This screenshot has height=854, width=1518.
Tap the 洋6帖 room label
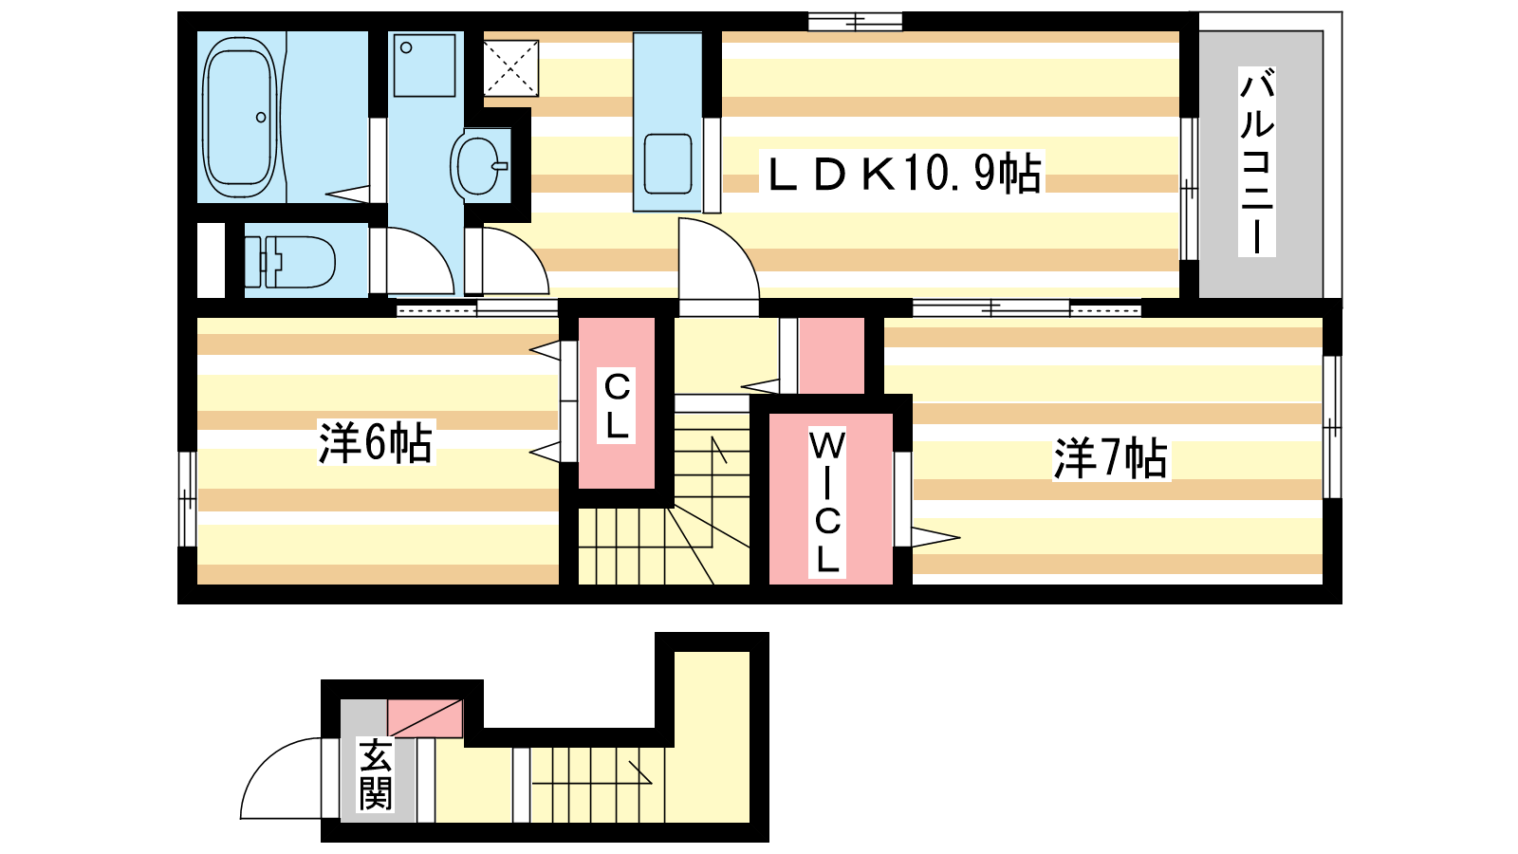[x=376, y=442]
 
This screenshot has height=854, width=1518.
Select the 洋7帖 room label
[x=1111, y=459]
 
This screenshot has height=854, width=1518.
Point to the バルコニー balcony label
[x=1257, y=161]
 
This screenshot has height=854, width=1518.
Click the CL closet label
[x=616, y=405]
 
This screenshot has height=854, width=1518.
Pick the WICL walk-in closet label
[x=826, y=502]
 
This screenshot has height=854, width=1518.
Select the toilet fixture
[x=290, y=262]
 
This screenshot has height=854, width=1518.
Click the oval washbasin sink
[x=478, y=166]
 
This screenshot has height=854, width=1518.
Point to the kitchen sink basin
[x=668, y=163]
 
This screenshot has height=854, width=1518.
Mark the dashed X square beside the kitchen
[x=511, y=67]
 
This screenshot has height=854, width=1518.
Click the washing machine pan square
[x=424, y=65]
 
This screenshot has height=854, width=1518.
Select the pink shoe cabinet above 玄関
[x=425, y=719]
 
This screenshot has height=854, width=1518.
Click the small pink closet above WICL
[x=831, y=356]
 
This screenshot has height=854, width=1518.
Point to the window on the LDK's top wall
[x=855, y=22]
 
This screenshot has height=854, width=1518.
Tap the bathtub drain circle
[x=261, y=118]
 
